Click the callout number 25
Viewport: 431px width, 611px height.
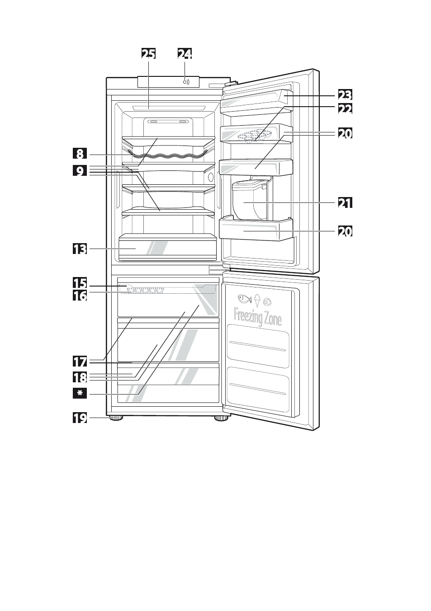click(x=148, y=53)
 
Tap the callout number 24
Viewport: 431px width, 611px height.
click(x=185, y=53)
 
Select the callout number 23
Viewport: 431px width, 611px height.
click(x=345, y=95)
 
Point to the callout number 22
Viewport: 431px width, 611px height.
click(x=345, y=109)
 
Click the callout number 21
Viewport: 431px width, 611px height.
click(x=345, y=202)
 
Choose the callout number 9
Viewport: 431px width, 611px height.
click(x=80, y=172)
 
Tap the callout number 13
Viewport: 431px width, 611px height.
click(x=80, y=249)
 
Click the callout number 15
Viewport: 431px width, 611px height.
click(x=80, y=283)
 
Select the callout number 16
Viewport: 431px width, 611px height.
click(x=80, y=296)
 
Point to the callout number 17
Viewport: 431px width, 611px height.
click(x=80, y=362)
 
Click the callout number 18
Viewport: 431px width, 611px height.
click(x=80, y=377)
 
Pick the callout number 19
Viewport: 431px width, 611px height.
click(x=80, y=418)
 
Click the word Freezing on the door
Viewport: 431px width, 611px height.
click(x=248, y=316)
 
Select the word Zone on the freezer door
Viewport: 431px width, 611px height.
click(x=272, y=319)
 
